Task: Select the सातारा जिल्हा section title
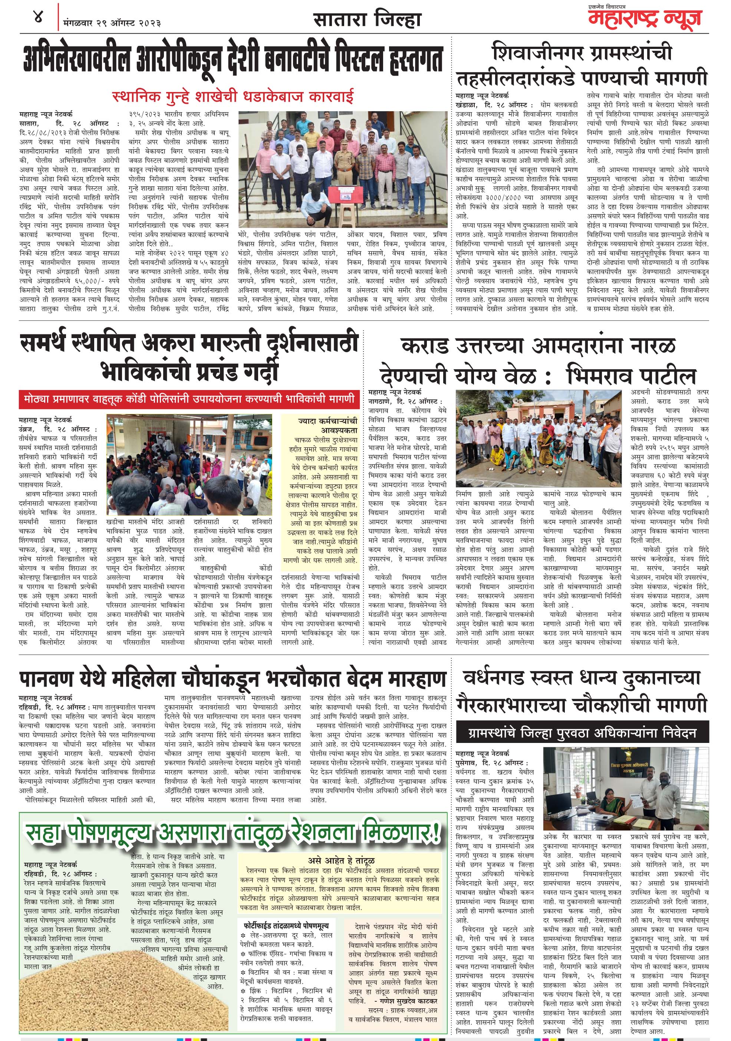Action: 367,20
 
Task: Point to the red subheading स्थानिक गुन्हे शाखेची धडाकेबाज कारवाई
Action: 233,96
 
